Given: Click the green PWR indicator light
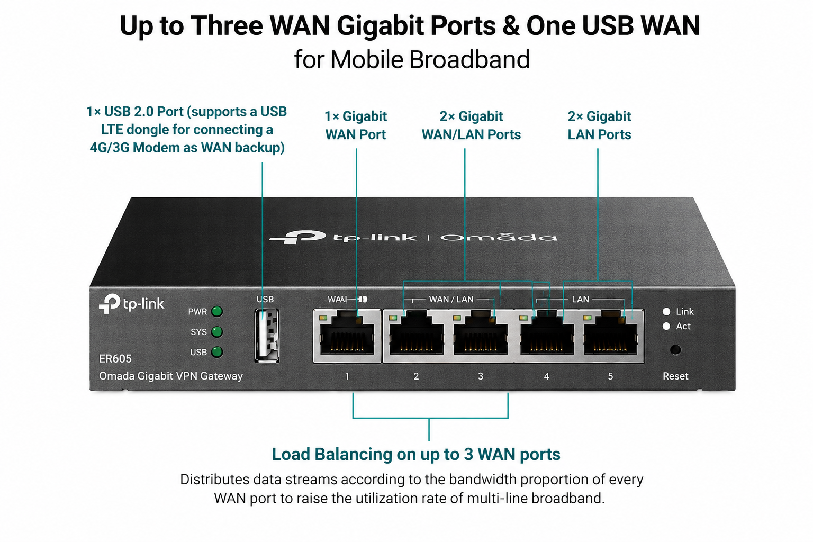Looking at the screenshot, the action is (x=217, y=311).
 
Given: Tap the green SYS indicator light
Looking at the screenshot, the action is (x=217, y=332).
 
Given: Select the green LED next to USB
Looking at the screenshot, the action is (x=217, y=352).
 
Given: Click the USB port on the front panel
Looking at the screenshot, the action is (x=267, y=336).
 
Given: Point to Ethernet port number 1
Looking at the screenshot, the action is (x=347, y=336).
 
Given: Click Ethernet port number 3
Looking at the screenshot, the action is (x=481, y=336).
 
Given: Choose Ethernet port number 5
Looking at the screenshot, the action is (x=611, y=336).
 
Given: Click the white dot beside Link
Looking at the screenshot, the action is (x=666, y=311).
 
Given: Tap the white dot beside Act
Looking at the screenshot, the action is (x=666, y=326).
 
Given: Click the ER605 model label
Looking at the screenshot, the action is (x=115, y=359).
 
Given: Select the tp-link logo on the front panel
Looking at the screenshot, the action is (x=131, y=303).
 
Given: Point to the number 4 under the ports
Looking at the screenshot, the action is (x=547, y=376).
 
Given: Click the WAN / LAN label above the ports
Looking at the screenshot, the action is (x=451, y=300).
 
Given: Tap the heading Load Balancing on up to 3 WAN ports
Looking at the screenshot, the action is (x=416, y=455).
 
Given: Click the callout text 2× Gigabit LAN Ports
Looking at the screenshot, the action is (x=599, y=125).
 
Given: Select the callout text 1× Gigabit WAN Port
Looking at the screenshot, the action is (x=356, y=125).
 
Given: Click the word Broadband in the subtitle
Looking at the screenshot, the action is (x=469, y=59).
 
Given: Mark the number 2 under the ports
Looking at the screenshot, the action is (x=417, y=376).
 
